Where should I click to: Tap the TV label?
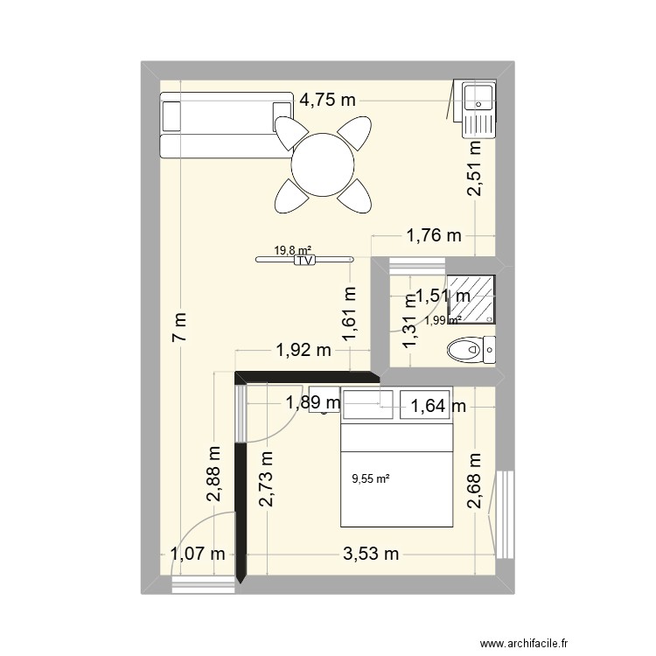304,260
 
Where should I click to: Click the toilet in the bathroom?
471,352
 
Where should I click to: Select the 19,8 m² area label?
293,250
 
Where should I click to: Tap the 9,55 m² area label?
370,478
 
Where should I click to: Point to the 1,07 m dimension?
199,553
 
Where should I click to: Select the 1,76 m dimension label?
432,234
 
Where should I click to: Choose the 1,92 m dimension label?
304,351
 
